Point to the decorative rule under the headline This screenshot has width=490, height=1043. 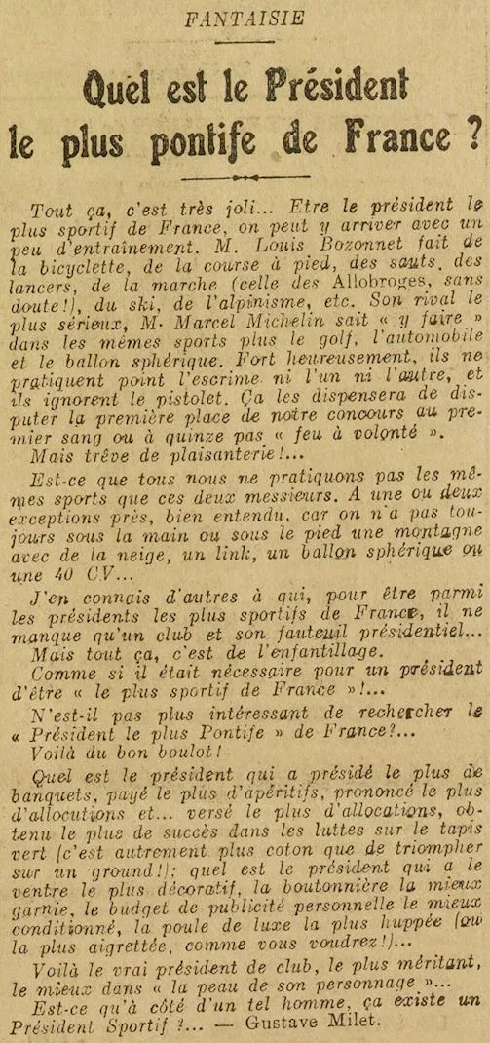pyautogui.click(x=245, y=179)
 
